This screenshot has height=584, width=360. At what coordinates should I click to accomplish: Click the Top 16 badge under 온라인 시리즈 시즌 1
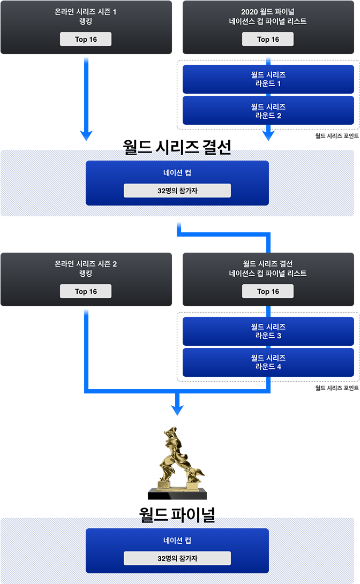(x=86, y=39)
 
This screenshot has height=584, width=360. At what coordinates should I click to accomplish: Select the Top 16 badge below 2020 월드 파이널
(x=268, y=39)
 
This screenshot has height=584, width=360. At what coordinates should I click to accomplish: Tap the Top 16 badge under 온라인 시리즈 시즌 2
(x=86, y=291)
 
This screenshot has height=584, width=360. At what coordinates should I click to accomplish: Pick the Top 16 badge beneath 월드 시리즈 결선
(x=268, y=291)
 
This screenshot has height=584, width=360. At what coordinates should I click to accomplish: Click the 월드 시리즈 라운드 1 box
(x=268, y=79)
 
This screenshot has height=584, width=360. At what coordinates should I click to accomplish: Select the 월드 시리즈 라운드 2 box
(x=268, y=111)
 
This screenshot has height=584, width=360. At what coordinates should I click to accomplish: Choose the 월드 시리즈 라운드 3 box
(x=268, y=331)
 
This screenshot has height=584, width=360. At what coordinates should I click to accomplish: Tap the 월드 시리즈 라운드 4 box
(x=268, y=362)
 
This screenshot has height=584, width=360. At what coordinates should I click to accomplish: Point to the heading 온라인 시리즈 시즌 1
(x=86, y=11)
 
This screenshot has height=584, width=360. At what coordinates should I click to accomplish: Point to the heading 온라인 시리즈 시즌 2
(x=86, y=264)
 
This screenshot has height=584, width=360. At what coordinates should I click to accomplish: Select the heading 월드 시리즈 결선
(x=268, y=264)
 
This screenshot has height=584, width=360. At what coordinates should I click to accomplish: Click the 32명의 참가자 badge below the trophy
(x=177, y=558)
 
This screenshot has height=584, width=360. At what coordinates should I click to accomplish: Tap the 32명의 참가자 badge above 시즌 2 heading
(x=177, y=191)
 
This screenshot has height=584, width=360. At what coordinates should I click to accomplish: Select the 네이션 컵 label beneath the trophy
(x=177, y=541)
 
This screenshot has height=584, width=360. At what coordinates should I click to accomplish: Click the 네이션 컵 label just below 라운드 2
(x=177, y=173)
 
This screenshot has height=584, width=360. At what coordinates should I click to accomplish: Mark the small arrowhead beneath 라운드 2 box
(x=268, y=138)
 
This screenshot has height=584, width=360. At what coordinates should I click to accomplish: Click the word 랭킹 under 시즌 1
(x=86, y=21)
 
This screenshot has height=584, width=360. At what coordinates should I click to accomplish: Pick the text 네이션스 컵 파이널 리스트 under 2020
(x=268, y=21)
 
